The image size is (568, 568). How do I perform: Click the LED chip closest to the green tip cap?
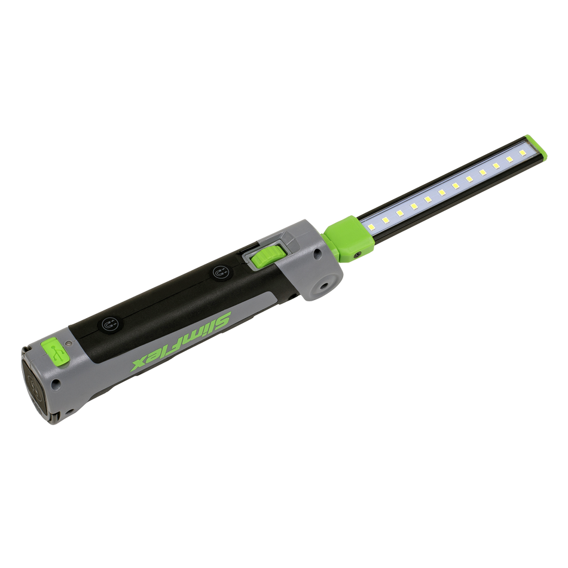coord(510,159)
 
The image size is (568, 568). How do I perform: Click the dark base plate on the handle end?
coord(35,383)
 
